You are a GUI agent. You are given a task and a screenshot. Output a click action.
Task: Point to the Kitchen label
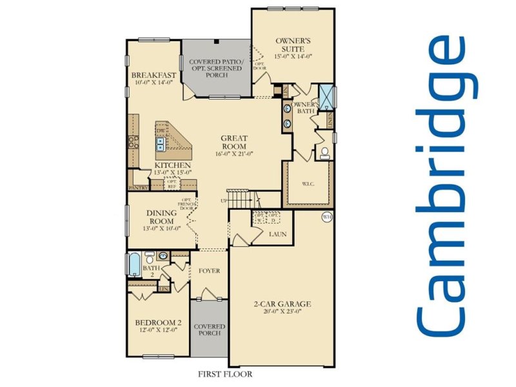pos(172,165)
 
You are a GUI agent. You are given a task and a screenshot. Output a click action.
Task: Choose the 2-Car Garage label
pos(281,304)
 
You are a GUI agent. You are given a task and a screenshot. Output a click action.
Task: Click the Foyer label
pos(209,271)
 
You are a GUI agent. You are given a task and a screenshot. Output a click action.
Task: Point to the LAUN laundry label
pos(278,234)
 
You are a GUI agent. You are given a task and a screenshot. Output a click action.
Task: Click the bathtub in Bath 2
pos(132,264)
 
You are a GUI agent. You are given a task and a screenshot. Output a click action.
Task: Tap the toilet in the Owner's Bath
pos(325,152)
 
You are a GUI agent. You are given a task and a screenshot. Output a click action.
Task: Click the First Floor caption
pos(225,374)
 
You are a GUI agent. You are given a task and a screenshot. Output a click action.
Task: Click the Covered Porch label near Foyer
pos(209,330)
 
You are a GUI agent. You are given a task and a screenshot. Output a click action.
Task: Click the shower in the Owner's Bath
pos(326,95)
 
